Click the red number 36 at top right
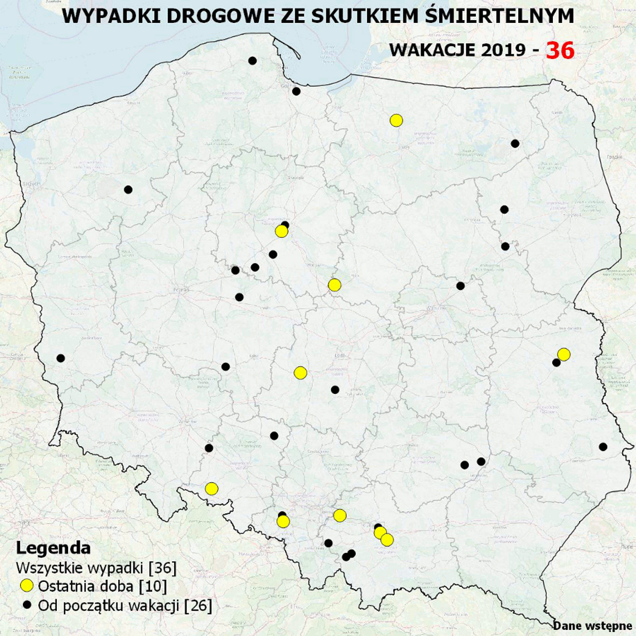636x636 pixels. click(560, 50)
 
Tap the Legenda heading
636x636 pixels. click(53, 547)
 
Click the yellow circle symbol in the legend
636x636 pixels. click(26, 586)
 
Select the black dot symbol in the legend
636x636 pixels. click(26, 605)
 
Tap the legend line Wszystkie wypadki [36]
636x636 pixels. click(96, 568)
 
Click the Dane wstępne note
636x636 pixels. click(592, 626)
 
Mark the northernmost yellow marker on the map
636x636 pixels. click(396, 121)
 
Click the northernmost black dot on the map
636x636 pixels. click(252, 61)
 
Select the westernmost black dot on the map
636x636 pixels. click(61, 358)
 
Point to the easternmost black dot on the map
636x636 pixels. click(603, 447)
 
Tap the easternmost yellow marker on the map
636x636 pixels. click(563, 354)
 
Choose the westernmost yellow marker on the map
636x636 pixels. click(211, 489)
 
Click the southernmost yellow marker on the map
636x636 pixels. click(387, 539)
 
